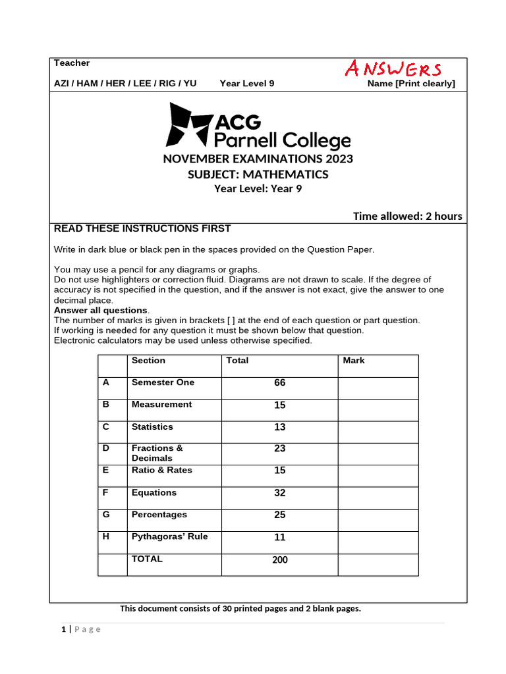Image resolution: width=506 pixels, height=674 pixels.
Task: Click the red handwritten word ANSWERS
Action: (x=393, y=68)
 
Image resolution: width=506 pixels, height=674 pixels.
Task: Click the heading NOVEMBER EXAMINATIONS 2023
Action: (x=258, y=159)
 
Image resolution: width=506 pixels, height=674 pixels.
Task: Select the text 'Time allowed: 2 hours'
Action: (x=407, y=216)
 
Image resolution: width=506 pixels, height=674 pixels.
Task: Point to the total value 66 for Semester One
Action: (x=279, y=383)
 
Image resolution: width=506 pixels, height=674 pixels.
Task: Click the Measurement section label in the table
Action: (x=161, y=404)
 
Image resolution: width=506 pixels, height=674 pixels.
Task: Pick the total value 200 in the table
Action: (x=279, y=560)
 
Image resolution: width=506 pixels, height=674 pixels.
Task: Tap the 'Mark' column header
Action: (x=354, y=361)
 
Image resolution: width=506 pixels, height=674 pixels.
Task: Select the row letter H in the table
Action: (x=106, y=536)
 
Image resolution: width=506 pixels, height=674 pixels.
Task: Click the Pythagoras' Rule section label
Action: (x=169, y=536)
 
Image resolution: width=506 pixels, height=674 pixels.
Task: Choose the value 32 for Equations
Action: (x=279, y=493)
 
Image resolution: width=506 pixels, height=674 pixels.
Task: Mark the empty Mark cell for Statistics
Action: (x=378, y=432)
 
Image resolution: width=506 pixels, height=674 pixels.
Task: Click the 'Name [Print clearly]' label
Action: (x=411, y=84)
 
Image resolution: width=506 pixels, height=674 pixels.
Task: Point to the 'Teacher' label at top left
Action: (x=72, y=63)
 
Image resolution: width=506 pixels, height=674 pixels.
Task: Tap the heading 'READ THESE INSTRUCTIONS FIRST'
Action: (x=142, y=228)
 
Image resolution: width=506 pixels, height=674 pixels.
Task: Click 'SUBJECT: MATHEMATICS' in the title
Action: (x=258, y=174)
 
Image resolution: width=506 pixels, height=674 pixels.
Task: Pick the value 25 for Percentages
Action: (x=279, y=515)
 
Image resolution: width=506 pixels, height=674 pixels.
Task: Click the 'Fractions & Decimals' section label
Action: (x=157, y=453)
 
